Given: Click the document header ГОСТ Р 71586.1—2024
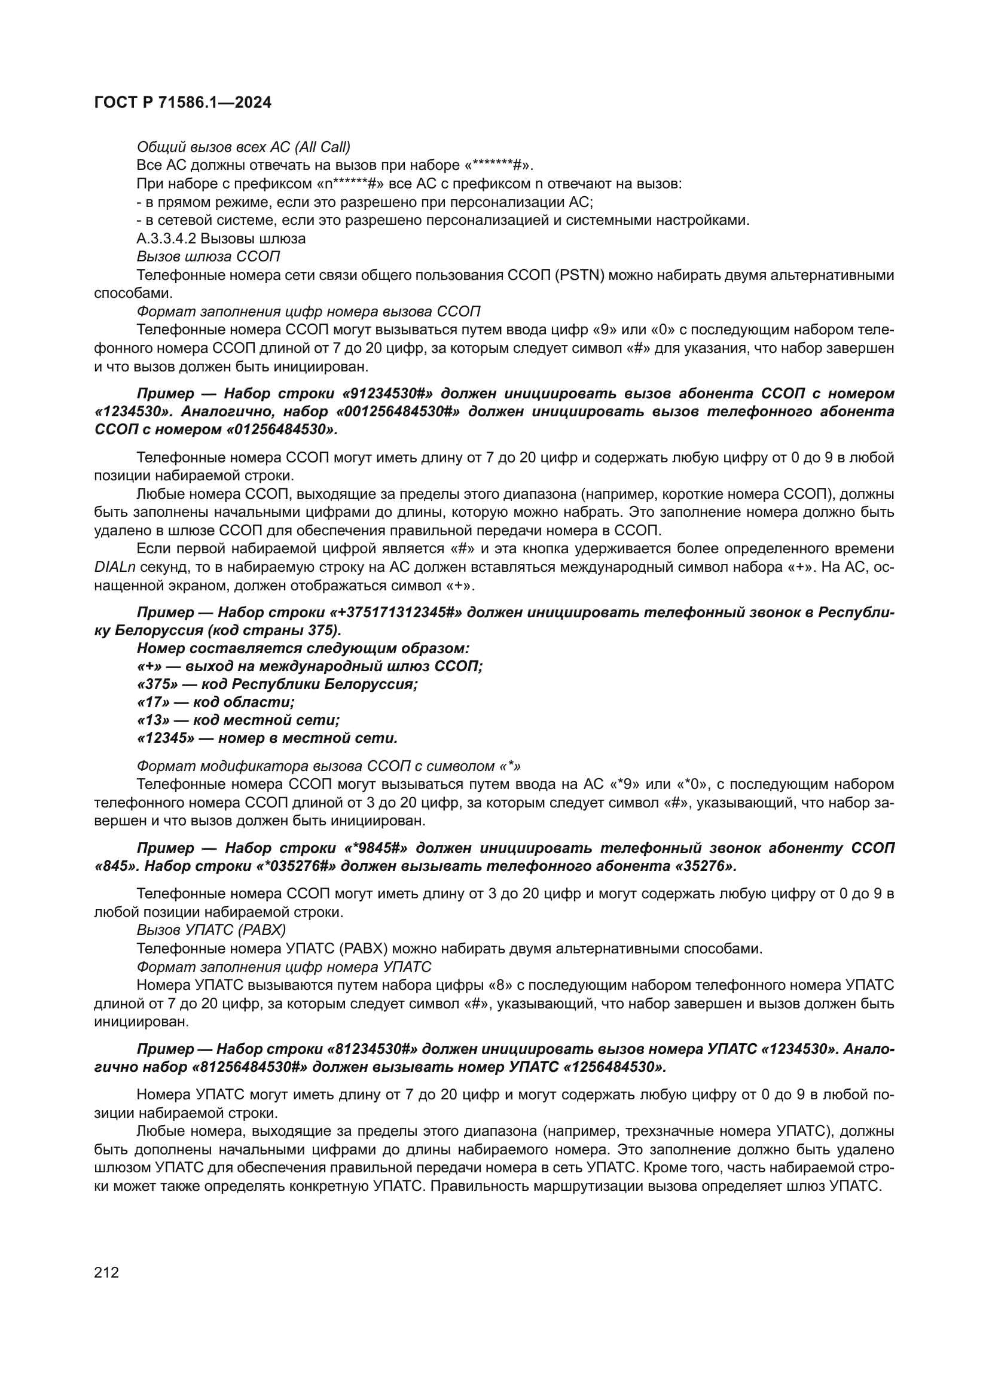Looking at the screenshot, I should click(x=183, y=103).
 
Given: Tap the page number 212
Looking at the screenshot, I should click(x=106, y=1272).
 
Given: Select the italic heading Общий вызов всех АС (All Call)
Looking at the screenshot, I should click(x=243, y=147).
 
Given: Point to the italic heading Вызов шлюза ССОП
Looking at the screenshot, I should click(x=208, y=257).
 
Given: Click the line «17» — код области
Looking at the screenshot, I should click(x=216, y=703).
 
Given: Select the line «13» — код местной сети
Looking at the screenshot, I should click(x=237, y=721).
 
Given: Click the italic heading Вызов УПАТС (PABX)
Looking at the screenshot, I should click(x=211, y=931).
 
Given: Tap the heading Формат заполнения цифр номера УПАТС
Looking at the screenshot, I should click(x=284, y=967).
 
